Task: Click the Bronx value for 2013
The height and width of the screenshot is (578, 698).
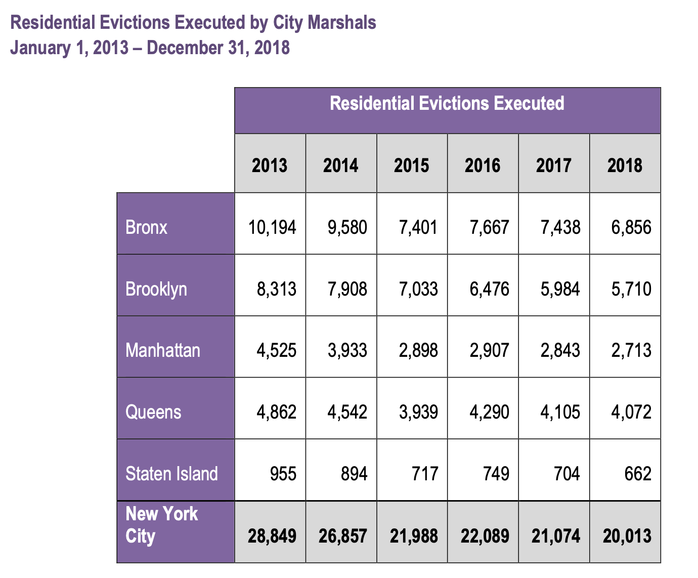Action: coord(272,227)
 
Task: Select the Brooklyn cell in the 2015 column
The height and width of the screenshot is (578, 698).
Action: coord(418,289)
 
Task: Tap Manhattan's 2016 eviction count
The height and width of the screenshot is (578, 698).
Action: coord(489,350)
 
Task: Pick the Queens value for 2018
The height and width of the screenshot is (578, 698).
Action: coord(631,412)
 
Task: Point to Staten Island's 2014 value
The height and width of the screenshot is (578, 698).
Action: coord(354,474)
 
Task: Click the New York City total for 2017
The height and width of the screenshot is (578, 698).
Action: coord(556,536)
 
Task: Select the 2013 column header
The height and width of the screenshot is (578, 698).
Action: coord(270,165)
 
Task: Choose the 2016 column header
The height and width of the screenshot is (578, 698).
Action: coord(483,165)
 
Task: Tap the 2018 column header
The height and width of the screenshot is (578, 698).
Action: coord(625,165)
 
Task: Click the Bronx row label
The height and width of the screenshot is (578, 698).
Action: coord(146,227)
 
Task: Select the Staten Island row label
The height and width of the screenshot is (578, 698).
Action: coord(171,474)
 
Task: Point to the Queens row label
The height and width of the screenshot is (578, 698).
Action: coord(153,412)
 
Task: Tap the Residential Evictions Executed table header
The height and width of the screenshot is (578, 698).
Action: coord(447,103)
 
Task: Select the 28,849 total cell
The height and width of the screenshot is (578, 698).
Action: coord(272,536)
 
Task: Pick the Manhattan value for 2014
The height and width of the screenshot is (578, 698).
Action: coord(347,350)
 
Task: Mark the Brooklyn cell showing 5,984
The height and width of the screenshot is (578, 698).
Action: coord(560,289)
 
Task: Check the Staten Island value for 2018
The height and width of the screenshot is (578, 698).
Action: coord(638,474)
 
